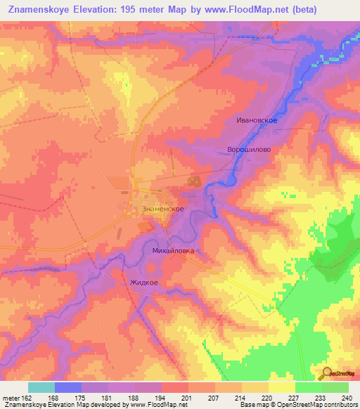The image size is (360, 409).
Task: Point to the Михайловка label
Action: click(x=173, y=250)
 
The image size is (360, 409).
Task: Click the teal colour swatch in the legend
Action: click(x=41, y=387)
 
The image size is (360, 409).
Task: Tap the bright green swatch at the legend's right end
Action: click(x=335, y=387)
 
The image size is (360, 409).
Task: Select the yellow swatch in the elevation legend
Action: click(x=282, y=387)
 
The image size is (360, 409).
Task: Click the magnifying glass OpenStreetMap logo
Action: click(x=326, y=374)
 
